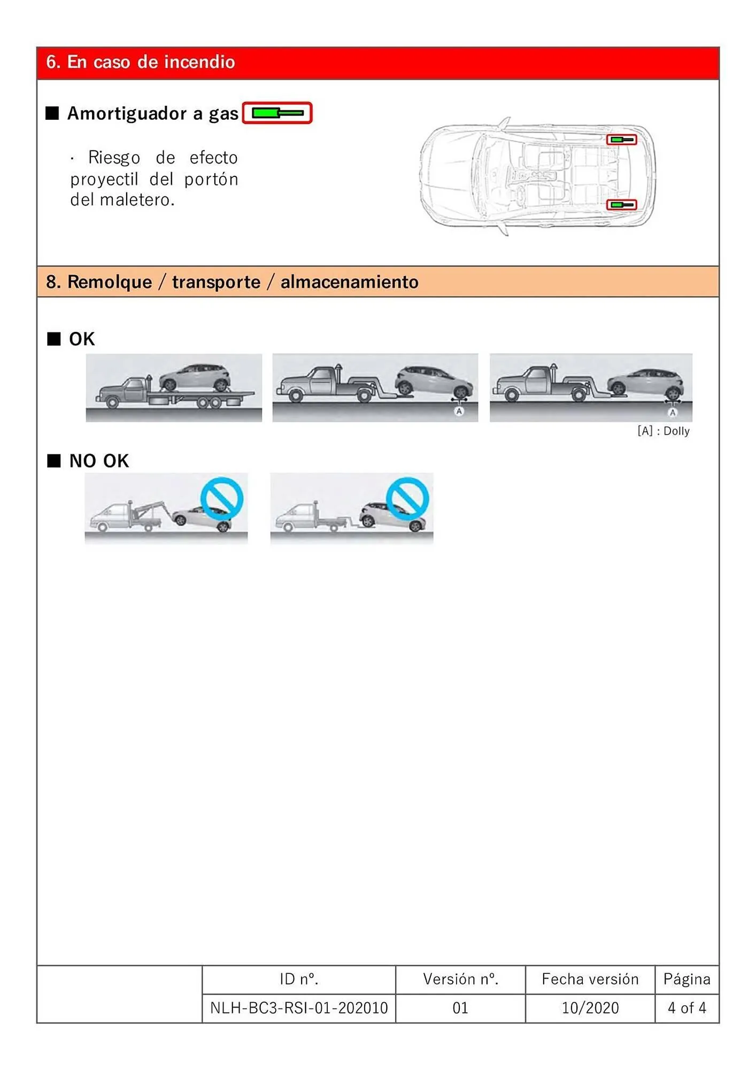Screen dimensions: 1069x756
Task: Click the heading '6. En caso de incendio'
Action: (140, 62)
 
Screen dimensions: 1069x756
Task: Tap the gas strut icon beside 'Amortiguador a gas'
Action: (277, 113)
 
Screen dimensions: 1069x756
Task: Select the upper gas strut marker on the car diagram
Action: (621, 140)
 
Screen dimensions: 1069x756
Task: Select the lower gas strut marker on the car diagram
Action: (621, 205)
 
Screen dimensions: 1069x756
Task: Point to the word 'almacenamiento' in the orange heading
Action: (349, 282)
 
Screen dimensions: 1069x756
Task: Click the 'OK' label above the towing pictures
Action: (81, 339)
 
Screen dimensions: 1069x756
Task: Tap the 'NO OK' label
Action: (99, 461)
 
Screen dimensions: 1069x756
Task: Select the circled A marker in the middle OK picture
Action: (459, 411)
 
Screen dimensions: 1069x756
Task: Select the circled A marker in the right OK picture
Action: (673, 412)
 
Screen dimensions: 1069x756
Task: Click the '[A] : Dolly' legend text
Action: (663, 431)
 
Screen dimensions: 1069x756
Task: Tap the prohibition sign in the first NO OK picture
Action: (222, 499)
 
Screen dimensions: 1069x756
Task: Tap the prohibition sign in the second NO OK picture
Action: (407, 499)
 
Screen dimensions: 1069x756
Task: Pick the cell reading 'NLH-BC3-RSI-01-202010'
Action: (299, 1008)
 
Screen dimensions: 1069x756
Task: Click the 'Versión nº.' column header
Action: (460, 979)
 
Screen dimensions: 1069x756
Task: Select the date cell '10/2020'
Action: (590, 1008)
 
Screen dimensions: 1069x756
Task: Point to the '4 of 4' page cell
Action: (686, 1008)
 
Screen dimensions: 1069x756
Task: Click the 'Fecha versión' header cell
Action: (590, 979)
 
